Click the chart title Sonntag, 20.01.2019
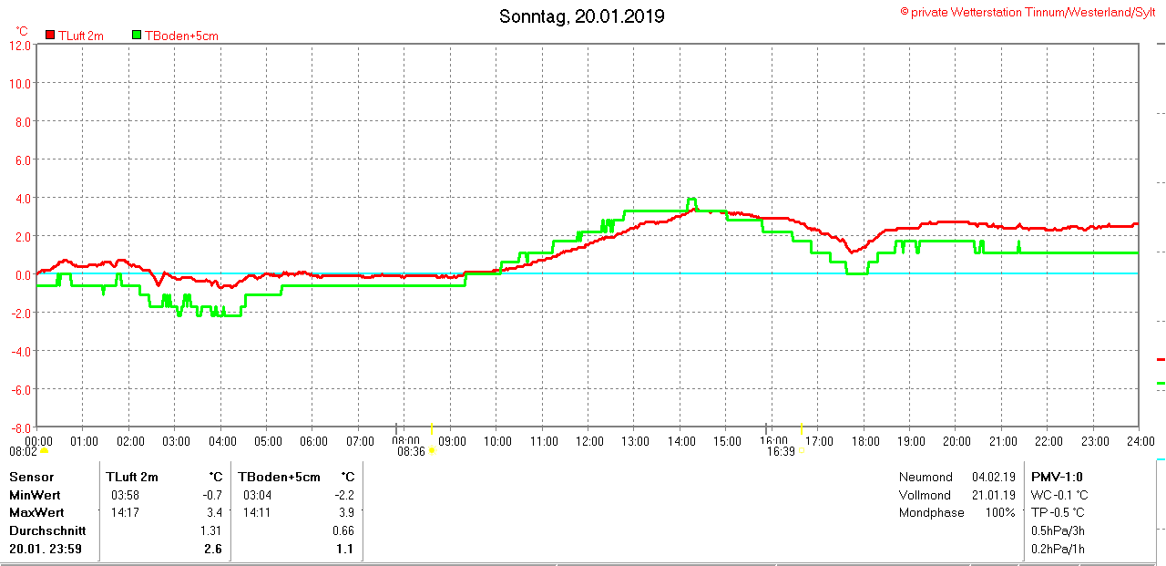582,16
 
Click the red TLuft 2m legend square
50,35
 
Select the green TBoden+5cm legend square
137,35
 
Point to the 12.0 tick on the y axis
20,45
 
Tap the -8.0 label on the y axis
20,427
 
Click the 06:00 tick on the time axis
312,441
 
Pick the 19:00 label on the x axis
910,441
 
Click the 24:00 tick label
1138,441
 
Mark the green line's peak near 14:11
691,200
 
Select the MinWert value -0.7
211,495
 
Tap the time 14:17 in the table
126,512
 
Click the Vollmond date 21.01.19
993,495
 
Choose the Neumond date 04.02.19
993,477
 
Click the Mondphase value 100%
999,512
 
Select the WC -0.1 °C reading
1059,495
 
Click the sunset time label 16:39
781,450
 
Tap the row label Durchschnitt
47,530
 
